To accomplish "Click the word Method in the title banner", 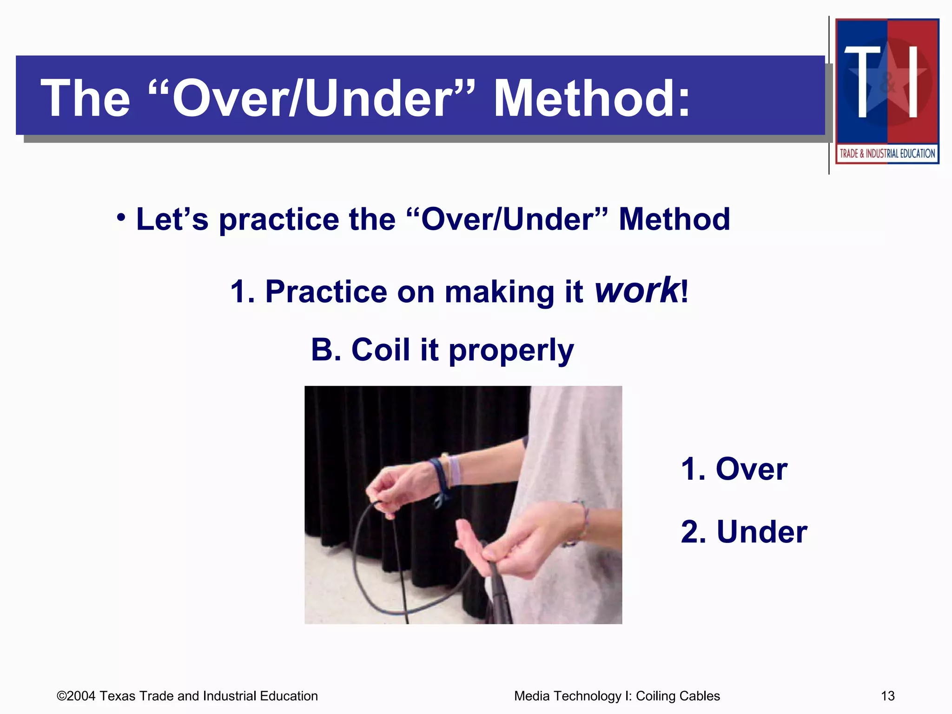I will tap(591, 99).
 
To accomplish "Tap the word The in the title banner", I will tap(86, 99).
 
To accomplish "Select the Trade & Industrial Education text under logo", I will tap(887, 153).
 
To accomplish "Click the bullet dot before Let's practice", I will tap(121, 218).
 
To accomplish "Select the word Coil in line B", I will tap(380, 350).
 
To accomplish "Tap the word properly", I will tap(511, 351).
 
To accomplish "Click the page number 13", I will tap(887, 696).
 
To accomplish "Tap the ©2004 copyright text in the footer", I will tap(187, 696).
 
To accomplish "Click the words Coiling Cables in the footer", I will tap(677, 696).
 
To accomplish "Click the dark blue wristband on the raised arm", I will tap(439, 479).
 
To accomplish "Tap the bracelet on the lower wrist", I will tap(581, 521).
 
